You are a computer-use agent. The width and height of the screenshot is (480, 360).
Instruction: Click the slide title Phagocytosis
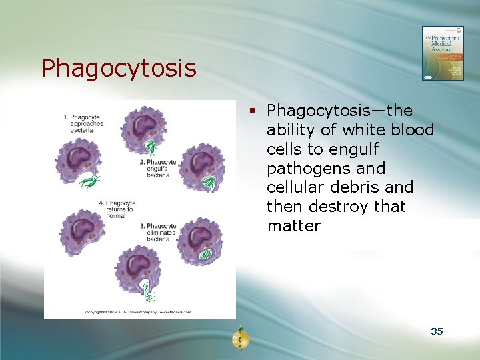pos(119,68)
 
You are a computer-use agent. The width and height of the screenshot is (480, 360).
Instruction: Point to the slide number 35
pos(437,331)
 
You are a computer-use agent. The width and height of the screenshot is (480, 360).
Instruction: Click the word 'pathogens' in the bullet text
pos(307,168)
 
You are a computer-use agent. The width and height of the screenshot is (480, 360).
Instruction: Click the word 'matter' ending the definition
pos(293,226)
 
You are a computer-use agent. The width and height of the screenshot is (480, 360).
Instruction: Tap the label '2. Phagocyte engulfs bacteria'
pos(159,168)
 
